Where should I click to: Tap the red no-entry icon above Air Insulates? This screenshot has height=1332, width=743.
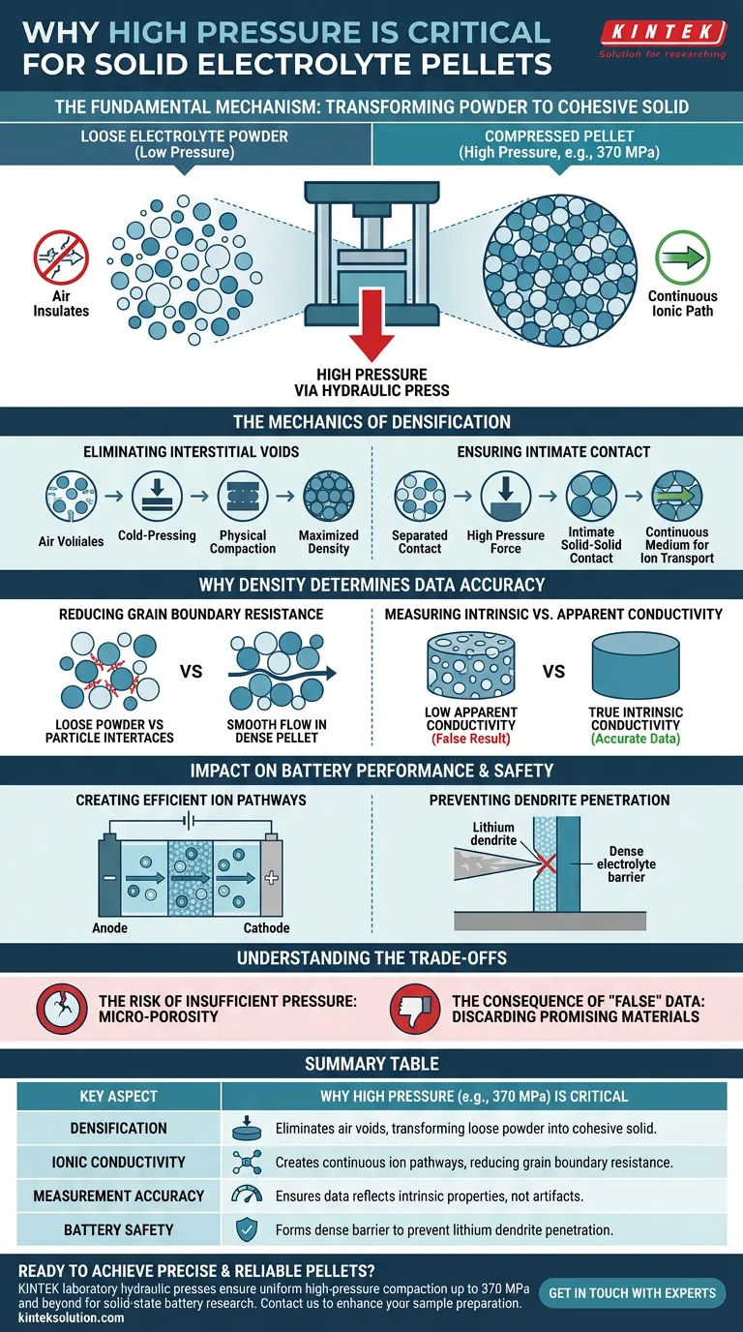(61, 257)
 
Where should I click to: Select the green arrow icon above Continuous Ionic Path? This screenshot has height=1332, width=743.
(682, 257)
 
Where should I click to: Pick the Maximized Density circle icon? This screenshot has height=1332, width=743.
(328, 497)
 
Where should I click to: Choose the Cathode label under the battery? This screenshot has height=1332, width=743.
(266, 927)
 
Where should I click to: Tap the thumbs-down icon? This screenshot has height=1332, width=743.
(415, 1009)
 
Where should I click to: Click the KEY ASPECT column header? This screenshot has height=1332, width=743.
(119, 1096)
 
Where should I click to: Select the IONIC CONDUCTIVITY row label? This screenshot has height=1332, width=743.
(119, 1162)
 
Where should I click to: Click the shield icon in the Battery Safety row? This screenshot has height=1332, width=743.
(247, 1229)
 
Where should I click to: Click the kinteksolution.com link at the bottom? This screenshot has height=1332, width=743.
(72, 1317)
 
